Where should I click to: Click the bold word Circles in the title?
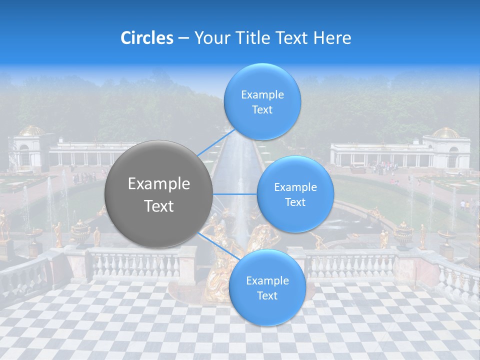point(147,38)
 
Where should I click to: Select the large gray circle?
point(158,194)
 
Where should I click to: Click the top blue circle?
point(262,102)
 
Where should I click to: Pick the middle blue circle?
point(295,194)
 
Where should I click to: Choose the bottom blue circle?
point(267,287)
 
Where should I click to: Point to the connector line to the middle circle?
point(235,194)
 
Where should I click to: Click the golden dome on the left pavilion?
point(31,131)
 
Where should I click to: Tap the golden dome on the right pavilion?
point(446,133)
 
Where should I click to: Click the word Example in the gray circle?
point(159,184)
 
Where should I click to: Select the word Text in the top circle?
point(262,110)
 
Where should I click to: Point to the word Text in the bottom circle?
point(267,296)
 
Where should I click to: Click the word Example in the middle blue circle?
point(295,187)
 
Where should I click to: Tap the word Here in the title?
point(332,38)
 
